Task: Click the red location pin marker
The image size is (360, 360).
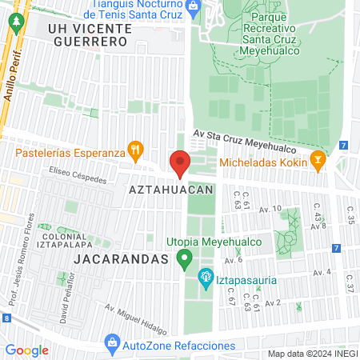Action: click(180, 162)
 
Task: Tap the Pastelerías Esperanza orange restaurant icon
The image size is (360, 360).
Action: click(137, 148)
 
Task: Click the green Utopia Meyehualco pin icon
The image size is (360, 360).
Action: click(185, 258)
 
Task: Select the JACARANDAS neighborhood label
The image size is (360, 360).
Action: click(123, 260)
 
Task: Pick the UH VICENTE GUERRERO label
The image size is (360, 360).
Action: click(88, 33)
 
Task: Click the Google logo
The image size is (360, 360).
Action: click(26, 350)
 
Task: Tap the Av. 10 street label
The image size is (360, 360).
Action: click(271, 210)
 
